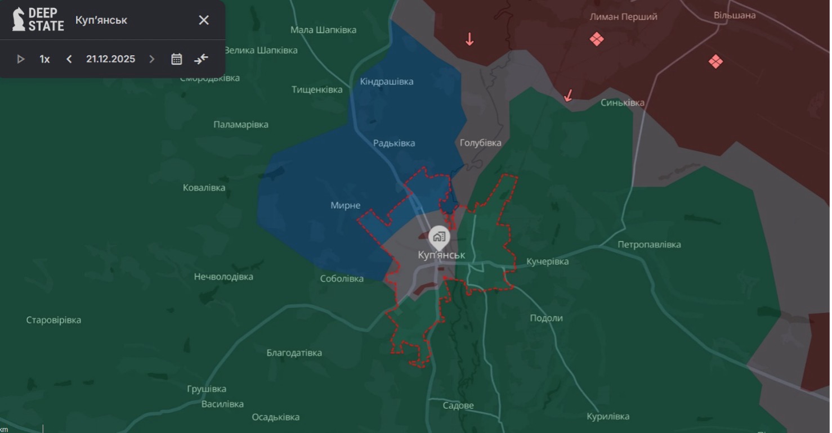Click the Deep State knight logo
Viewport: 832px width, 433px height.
pos(19,19)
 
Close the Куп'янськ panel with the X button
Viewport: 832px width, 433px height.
pos(204,20)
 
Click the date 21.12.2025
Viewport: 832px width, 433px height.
pos(110,59)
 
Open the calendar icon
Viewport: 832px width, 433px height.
pos(177,59)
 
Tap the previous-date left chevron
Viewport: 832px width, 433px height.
pos(69,59)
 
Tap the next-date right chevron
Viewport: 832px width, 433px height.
pos(151,59)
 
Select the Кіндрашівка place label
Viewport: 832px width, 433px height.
pos(387,82)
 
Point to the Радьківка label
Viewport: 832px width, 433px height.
pos(394,143)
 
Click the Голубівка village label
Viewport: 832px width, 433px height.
pos(480,143)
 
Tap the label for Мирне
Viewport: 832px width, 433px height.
pos(345,206)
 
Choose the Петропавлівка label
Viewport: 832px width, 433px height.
pos(649,245)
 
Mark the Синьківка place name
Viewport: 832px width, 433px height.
pos(622,103)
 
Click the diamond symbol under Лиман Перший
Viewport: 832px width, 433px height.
pos(597,39)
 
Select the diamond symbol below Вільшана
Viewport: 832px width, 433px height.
pos(715,61)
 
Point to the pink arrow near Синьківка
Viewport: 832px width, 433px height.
pos(569,96)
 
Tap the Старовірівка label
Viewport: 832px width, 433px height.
pos(53,321)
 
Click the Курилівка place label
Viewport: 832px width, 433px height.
pos(608,417)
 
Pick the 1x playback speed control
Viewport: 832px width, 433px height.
pos(44,59)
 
